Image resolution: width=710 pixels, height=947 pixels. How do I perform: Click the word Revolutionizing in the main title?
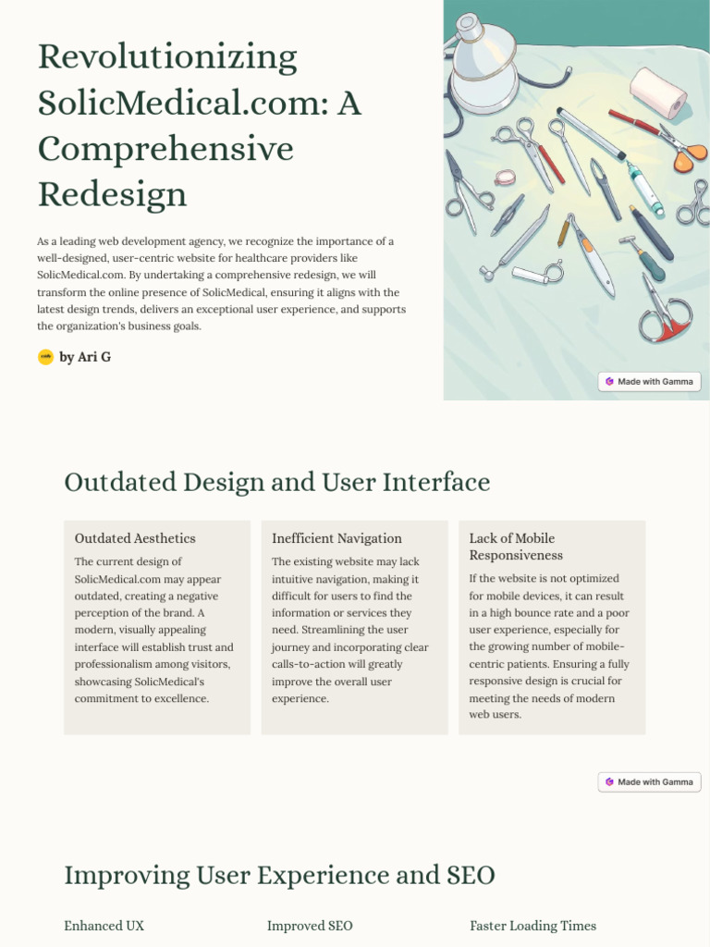(x=167, y=58)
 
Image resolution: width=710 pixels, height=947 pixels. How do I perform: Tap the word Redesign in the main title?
(x=112, y=194)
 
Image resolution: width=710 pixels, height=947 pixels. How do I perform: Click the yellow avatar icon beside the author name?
(x=45, y=357)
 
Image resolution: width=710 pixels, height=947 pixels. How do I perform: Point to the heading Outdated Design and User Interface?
(x=276, y=482)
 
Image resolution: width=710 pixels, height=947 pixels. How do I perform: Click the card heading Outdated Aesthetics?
(x=135, y=538)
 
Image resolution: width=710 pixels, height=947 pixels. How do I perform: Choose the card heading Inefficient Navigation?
(x=337, y=538)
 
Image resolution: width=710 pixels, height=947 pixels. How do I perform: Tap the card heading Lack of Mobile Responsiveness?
(x=516, y=547)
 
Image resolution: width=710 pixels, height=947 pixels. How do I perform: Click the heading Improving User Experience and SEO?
(x=279, y=875)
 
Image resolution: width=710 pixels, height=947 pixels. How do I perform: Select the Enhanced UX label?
(x=104, y=926)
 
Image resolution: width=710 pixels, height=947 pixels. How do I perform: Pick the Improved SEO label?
(x=310, y=926)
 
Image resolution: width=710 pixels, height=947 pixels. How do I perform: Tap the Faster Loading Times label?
(x=532, y=926)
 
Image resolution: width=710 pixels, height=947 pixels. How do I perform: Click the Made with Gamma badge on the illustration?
(x=649, y=381)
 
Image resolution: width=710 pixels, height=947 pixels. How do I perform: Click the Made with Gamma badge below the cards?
(x=649, y=781)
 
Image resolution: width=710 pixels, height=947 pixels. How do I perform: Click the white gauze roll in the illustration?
(x=658, y=92)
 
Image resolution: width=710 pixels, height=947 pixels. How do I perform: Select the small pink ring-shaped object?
(x=505, y=178)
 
